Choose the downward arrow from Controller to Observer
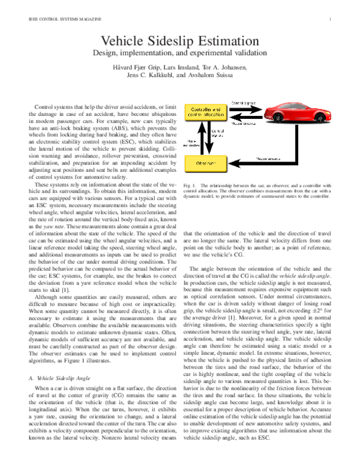tap(211, 138)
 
